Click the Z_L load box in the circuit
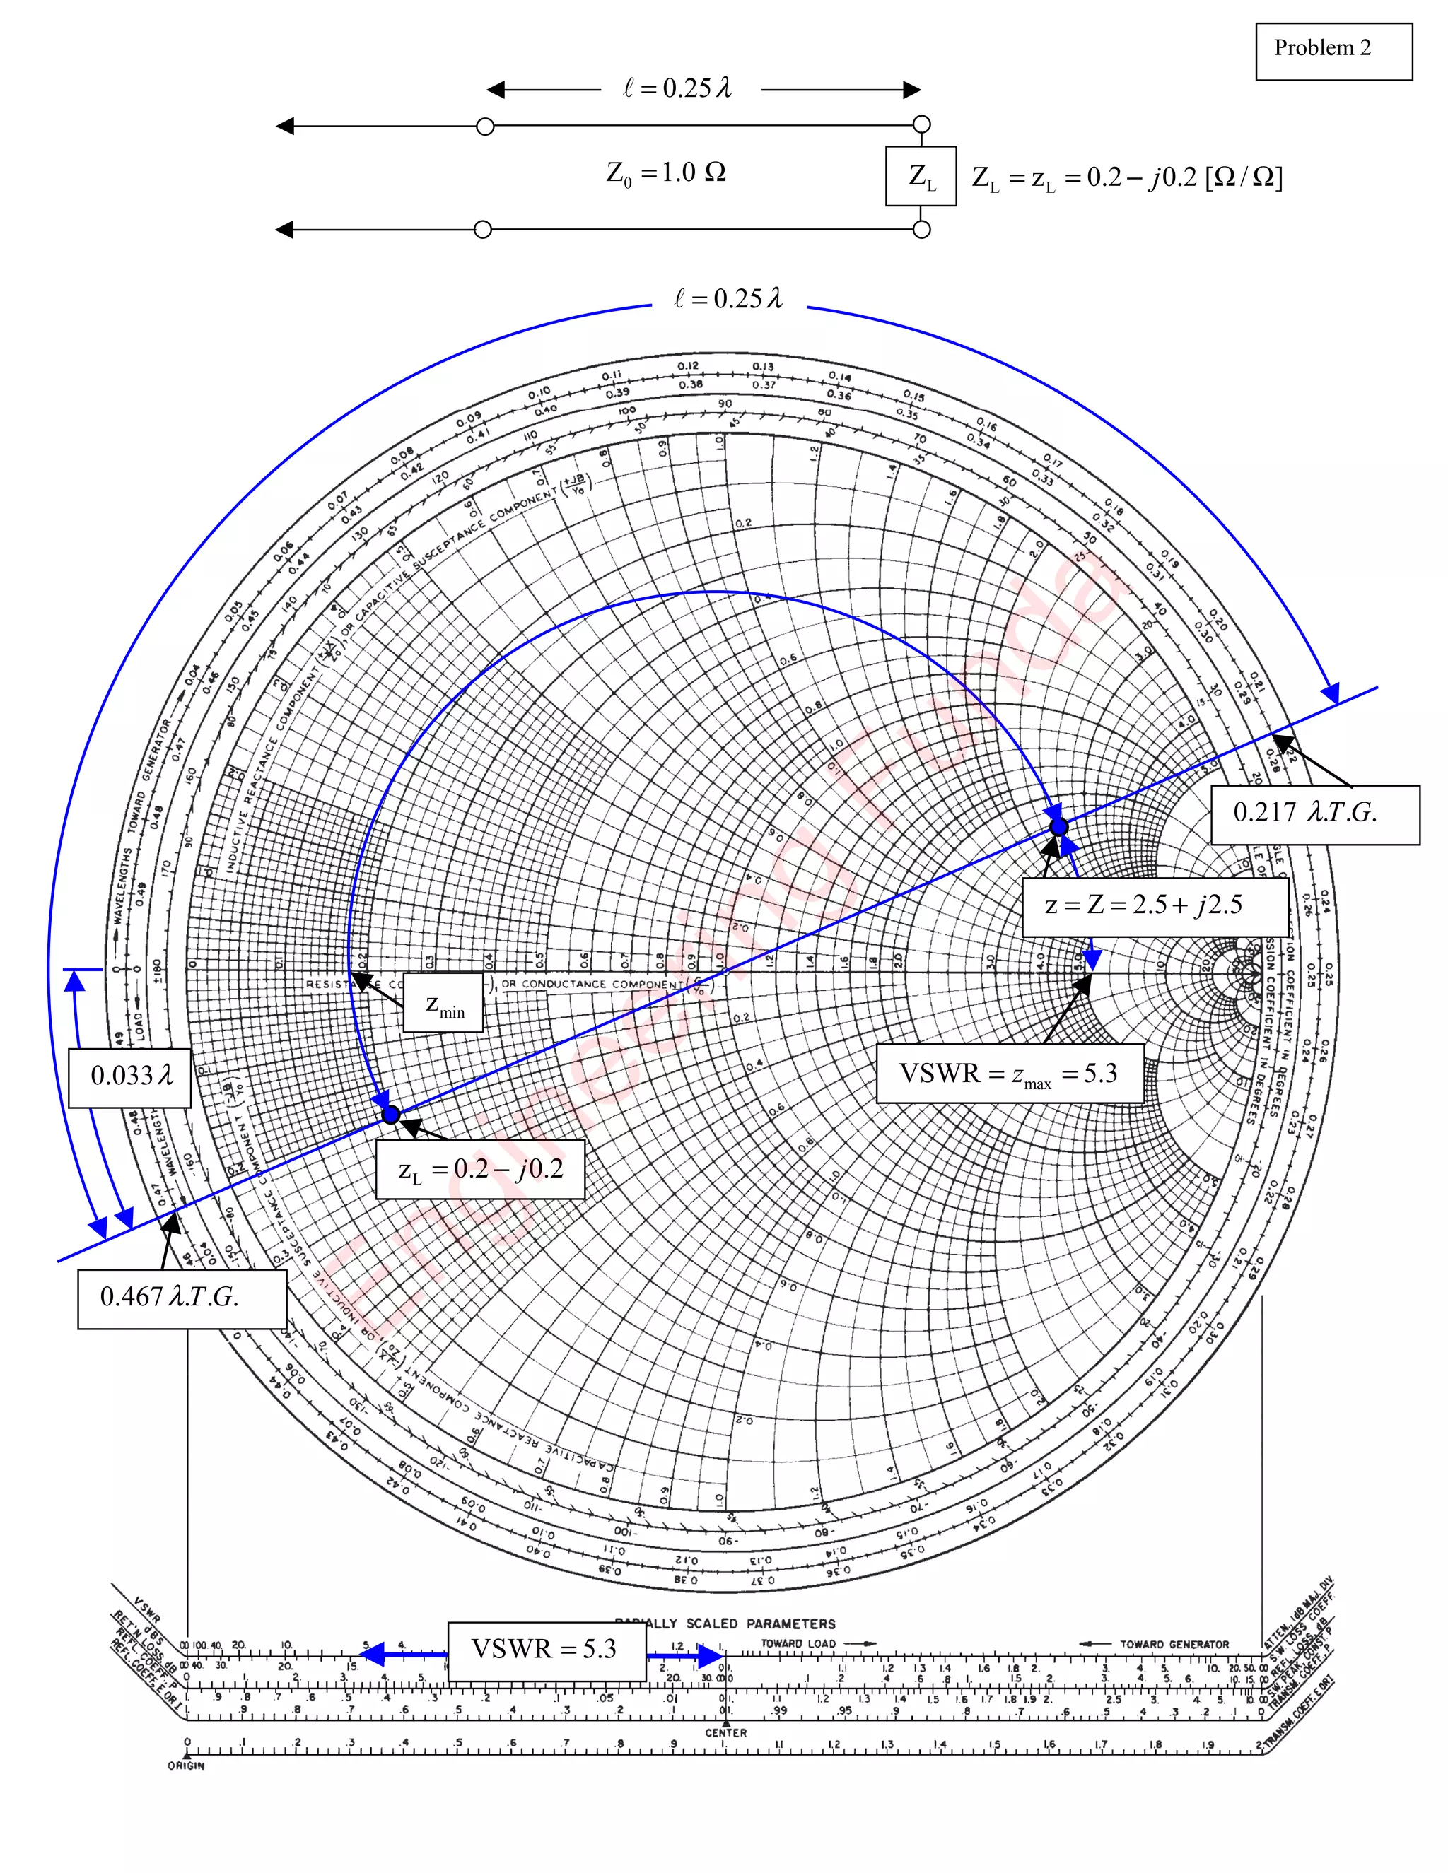click(x=921, y=177)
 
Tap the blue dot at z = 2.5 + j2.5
click(x=1058, y=827)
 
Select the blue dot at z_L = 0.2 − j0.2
click(x=391, y=1114)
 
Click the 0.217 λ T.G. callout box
click(x=1314, y=814)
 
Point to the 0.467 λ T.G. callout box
click(x=181, y=1298)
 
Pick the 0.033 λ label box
click(x=129, y=1076)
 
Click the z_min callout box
click(x=443, y=1002)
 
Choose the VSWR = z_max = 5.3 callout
click(x=1009, y=1073)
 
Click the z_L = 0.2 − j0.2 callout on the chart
click(x=480, y=1169)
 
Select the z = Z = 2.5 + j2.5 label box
click(x=1154, y=905)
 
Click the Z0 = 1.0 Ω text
click(x=665, y=173)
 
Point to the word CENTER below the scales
click(x=725, y=1733)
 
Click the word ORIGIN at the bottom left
click(x=186, y=1766)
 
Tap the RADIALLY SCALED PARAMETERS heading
click(x=725, y=1624)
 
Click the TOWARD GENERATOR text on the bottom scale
click(x=1174, y=1645)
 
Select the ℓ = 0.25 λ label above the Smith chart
click(x=728, y=298)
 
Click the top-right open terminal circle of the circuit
click(x=921, y=125)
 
